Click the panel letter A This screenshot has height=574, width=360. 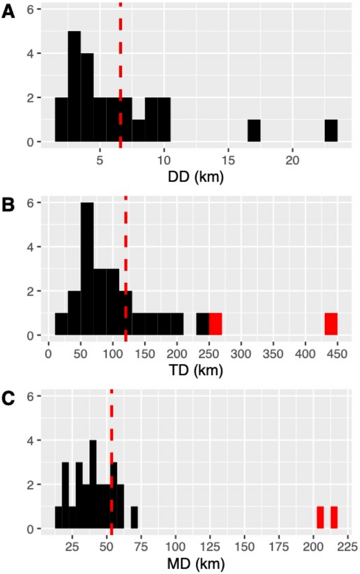(8, 12)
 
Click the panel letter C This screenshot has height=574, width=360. (8, 398)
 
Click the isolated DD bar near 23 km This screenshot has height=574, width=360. (331, 131)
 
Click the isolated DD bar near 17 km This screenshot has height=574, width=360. (254, 131)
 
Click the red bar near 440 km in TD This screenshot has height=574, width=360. (331, 324)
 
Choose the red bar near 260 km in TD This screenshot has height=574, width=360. (215, 324)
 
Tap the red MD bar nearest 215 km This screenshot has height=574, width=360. (334, 517)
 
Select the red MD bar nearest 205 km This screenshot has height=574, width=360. (320, 517)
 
